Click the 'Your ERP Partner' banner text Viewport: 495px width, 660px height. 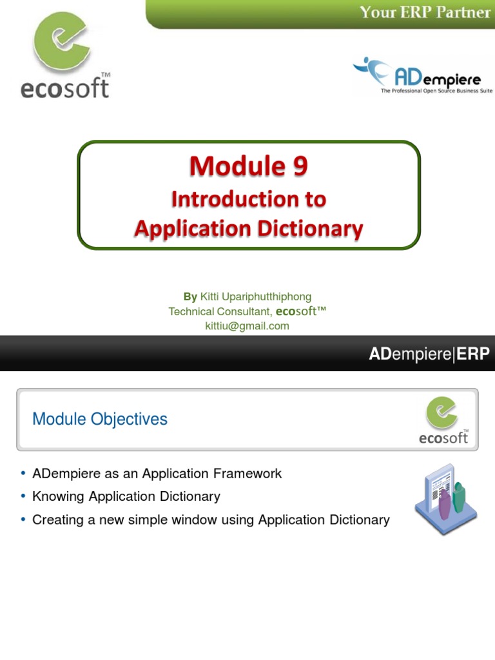(x=425, y=12)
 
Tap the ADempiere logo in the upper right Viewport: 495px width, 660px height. (x=422, y=76)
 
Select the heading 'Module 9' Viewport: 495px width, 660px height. (x=248, y=167)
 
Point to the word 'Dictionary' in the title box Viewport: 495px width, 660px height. (x=308, y=228)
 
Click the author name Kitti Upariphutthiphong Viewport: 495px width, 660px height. (x=256, y=296)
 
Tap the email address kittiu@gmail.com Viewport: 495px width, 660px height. (x=247, y=326)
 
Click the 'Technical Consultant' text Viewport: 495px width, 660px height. (x=220, y=311)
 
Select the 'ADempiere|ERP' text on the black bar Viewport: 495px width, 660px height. (x=429, y=353)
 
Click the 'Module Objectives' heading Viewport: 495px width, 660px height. (x=100, y=419)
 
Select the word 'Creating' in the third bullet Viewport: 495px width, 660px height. (x=55, y=519)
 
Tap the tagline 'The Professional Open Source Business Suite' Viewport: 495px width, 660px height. (x=436, y=92)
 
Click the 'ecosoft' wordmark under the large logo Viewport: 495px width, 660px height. (x=64, y=88)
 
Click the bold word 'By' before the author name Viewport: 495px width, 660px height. (x=190, y=296)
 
